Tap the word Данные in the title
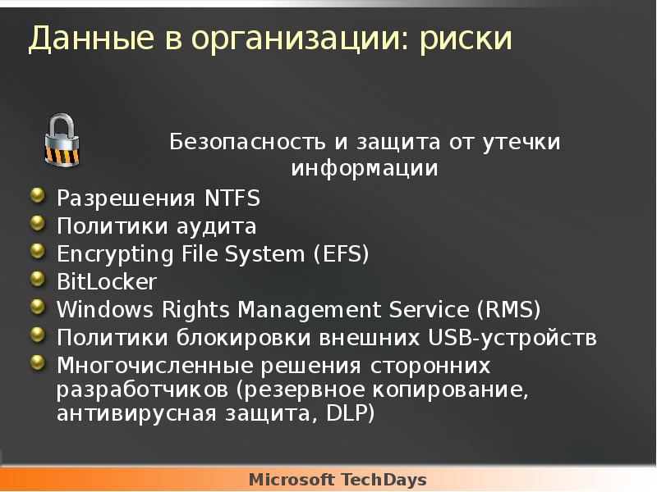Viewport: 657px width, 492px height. tap(81, 39)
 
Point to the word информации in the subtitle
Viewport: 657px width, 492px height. tap(365, 169)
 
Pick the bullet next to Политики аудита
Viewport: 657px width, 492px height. tap(38, 223)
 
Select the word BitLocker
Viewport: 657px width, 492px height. tap(106, 282)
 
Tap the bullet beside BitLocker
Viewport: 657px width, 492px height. tap(38, 279)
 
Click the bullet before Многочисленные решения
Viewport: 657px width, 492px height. tap(38, 362)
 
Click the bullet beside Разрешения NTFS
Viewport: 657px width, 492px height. tap(38, 195)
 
